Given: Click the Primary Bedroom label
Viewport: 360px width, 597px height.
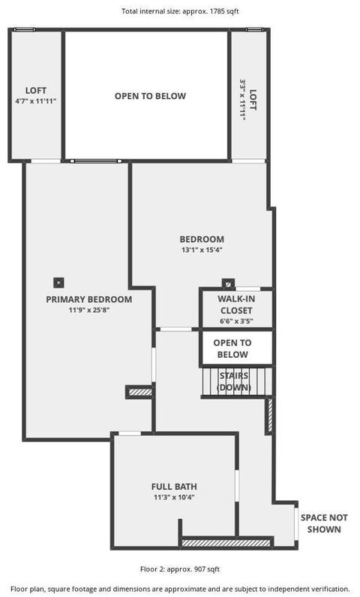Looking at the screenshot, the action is pos(89,299).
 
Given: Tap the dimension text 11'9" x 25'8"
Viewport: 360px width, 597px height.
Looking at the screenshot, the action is pos(89,310).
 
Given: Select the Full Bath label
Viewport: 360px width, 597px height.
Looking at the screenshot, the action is pos(174,487).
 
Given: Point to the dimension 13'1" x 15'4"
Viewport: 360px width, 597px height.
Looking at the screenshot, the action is pos(202,250).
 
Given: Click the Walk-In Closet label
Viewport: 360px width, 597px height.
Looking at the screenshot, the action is pos(236,304).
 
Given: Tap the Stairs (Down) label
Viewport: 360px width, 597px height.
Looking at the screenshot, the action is pos(234,382).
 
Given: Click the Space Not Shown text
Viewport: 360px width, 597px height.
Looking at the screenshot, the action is pos(324,523).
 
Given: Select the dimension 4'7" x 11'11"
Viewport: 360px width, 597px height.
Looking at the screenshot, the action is pos(36,101).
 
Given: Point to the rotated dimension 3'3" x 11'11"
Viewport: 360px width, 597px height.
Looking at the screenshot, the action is pos(242,100).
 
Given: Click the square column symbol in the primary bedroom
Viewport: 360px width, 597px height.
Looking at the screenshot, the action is pos(58,283).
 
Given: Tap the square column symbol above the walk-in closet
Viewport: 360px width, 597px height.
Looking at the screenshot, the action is pos(228,284).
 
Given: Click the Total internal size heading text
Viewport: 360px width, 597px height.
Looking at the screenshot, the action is pos(180,11).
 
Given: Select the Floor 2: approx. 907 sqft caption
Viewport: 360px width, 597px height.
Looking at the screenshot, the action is pos(180,569).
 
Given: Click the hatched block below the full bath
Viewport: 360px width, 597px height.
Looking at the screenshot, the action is pos(226,542).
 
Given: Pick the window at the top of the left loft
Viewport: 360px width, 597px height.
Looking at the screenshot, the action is pos(24,30).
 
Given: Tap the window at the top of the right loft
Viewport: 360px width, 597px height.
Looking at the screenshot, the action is pos(254,30).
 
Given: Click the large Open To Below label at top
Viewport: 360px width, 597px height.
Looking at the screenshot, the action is pos(150,96).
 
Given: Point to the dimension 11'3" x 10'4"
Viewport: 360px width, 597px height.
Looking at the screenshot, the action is pos(174,497).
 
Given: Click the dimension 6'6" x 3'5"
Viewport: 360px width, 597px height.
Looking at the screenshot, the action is pos(236,321).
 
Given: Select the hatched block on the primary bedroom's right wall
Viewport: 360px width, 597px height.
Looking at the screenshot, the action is pos(140,391).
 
